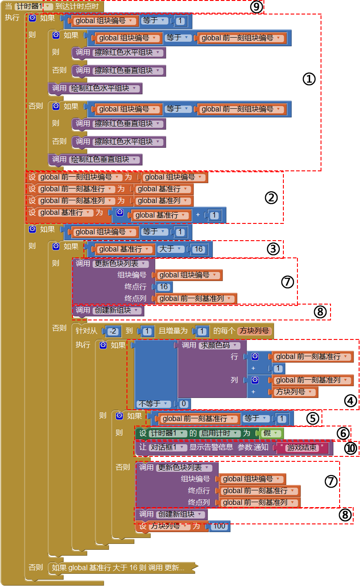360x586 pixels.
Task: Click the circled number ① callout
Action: click(x=309, y=79)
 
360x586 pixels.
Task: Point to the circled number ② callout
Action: click(x=271, y=198)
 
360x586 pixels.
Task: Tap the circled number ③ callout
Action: click(x=273, y=249)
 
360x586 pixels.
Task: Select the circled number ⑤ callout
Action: click(x=312, y=418)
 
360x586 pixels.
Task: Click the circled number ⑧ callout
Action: click(x=320, y=312)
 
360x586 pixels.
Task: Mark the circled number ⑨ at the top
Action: click(x=257, y=7)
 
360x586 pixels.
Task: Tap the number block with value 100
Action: click(x=219, y=526)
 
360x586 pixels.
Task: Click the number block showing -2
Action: click(x=113, y=331)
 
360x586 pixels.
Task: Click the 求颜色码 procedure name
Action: click(x=215, y=345)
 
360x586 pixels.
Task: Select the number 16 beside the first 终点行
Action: click(x=164, y=286)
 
